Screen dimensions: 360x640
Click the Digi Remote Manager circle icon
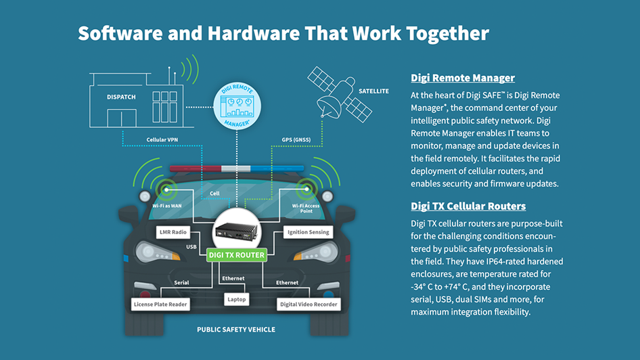(237, 107)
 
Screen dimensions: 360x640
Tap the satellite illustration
(334, 95)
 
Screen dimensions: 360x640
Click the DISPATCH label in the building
(121, 97)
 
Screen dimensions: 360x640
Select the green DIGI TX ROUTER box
(237, 254)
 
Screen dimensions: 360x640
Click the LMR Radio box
(173, 232)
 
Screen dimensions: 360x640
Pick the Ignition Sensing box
(308, 232)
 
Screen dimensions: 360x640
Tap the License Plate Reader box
(160, 305)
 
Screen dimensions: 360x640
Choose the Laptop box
(237, 299)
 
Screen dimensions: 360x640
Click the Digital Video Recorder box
(309, 305)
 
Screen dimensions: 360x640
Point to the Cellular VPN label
(162, 140)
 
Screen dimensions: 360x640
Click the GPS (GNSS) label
(296, 140)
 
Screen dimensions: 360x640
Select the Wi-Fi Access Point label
(306, 208)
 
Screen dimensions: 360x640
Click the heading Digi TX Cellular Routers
(468, 206)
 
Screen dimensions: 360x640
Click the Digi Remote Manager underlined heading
(463, 78)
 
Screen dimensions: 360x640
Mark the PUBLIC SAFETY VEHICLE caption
(236, 330)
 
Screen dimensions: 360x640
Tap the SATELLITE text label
(373, 91)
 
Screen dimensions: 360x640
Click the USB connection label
(191, 247)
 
